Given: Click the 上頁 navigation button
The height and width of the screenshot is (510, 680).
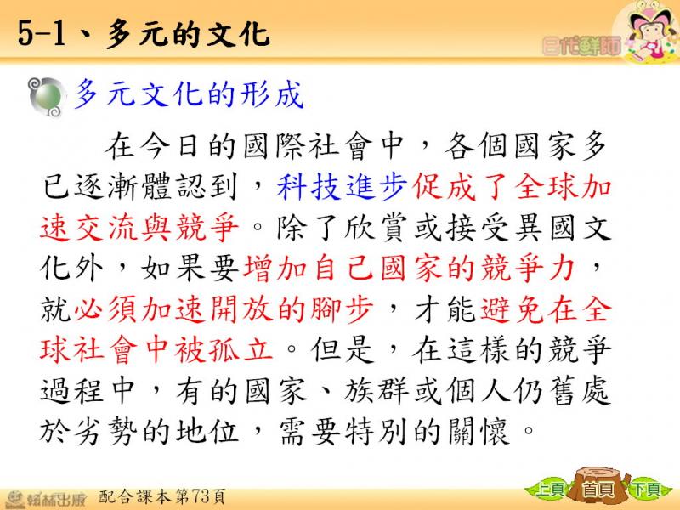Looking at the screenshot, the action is coord(547,489).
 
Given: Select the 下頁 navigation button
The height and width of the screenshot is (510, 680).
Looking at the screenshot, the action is coord(646,489).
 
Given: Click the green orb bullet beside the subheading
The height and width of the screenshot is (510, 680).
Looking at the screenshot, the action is coord(47,96).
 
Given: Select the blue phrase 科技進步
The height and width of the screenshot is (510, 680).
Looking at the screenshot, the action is coord(342,187).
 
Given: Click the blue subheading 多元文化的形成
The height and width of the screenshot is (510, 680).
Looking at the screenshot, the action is coord(189,93).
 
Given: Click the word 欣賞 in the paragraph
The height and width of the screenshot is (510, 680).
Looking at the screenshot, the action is coord(377,227).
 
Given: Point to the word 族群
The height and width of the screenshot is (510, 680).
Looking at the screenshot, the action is coord(377,390).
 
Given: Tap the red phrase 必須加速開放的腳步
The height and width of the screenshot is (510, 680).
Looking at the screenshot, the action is coord(224,309).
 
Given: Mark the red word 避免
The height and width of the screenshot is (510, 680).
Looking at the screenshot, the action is coord(513,309).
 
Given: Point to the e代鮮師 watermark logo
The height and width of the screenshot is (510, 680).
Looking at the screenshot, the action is coord(581,46).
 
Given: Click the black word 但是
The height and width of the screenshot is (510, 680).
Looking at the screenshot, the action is coord(343,349).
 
